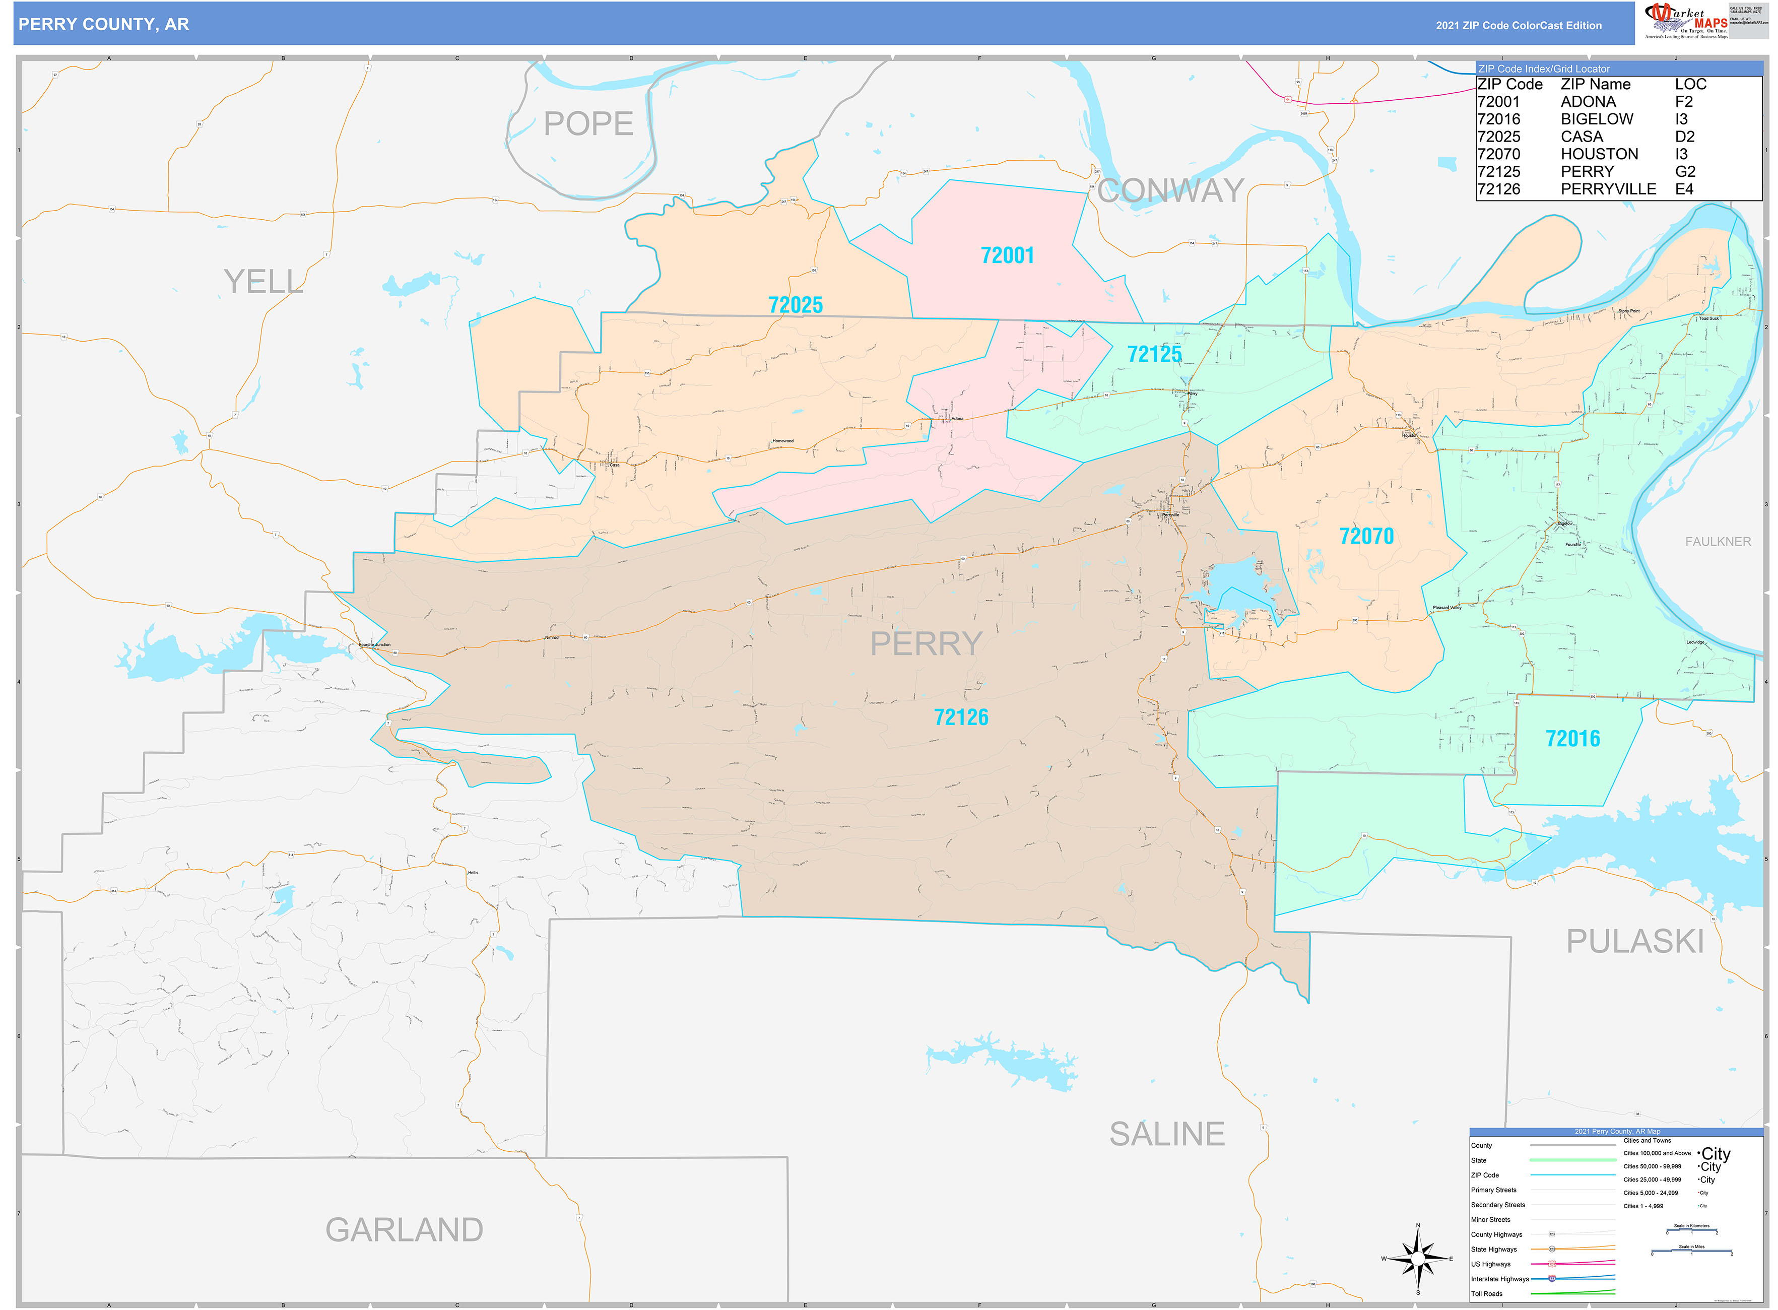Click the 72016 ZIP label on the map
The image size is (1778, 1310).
1572,738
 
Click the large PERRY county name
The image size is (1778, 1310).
926,643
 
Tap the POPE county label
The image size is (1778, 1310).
587,124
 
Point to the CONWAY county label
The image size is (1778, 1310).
1170,190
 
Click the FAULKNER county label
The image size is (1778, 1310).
1717,542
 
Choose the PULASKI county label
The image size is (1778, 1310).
1634,941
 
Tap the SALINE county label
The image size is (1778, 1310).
1166,1134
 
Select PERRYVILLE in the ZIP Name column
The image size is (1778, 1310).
1608,189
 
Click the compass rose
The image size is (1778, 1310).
1417,1259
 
